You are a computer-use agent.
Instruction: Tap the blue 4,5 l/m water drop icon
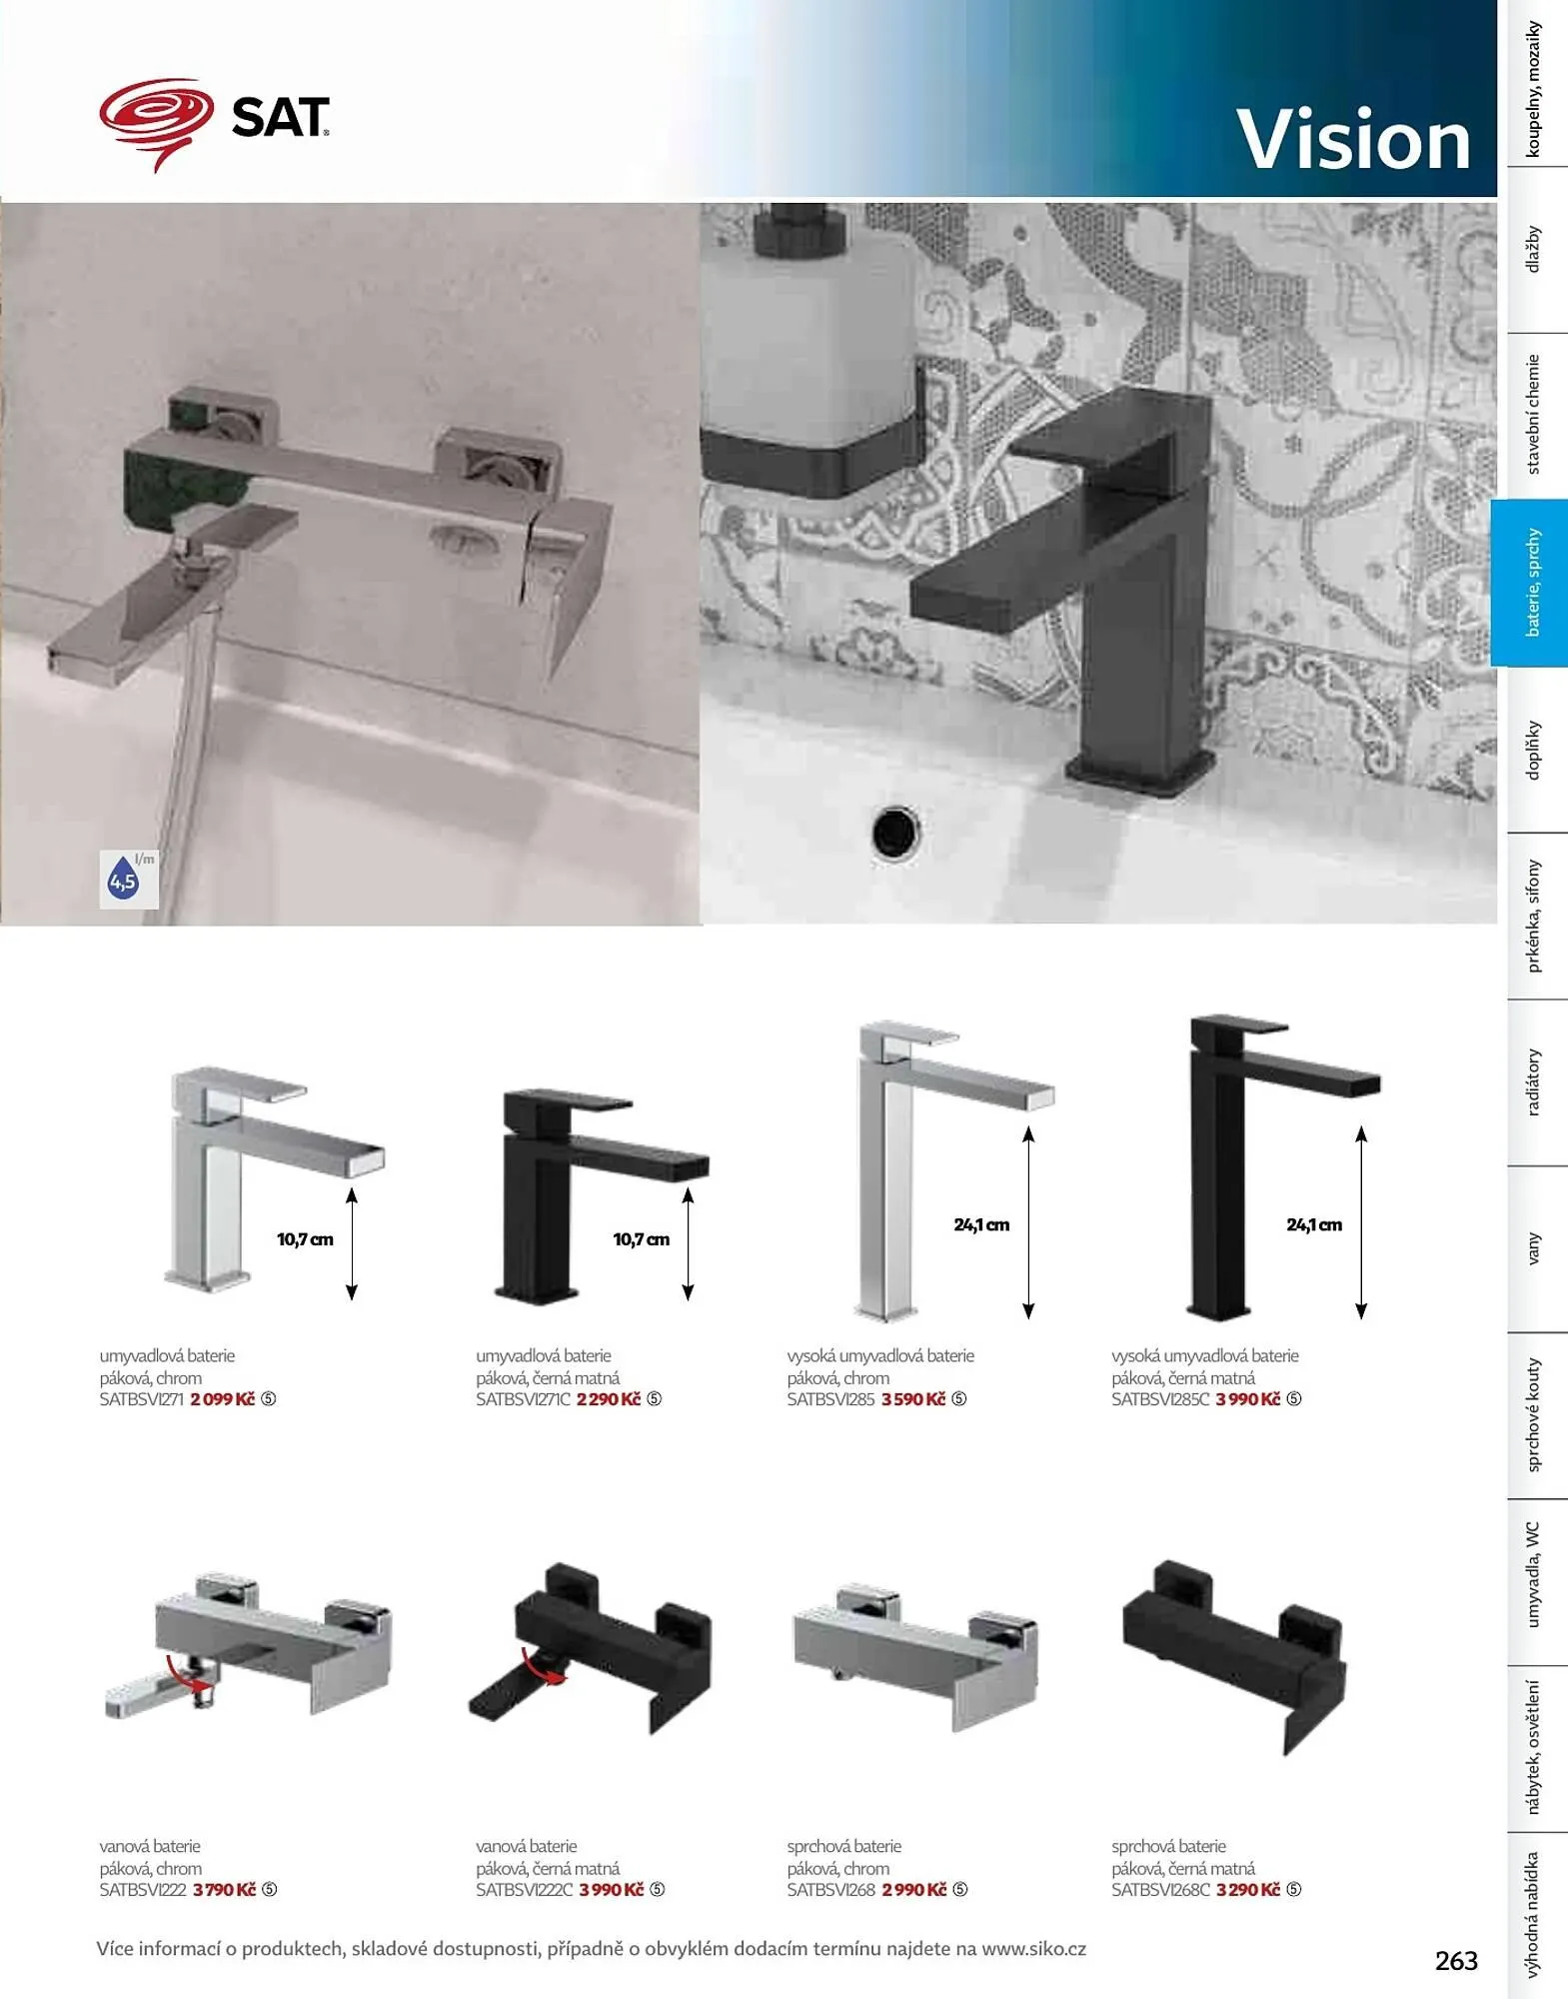tap(124, 879)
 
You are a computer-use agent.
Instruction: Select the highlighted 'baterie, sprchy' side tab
tap(1531, 583)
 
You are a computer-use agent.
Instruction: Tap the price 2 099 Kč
tap(223, 1399)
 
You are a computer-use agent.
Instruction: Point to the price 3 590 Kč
tap(913, 1399)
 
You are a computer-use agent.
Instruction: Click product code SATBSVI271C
tap(523, 1399)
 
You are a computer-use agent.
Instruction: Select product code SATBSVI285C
tap(1160, 1399)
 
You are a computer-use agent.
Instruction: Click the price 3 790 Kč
tap(225, 1890)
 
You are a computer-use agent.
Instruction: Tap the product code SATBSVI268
tap(831, 1890)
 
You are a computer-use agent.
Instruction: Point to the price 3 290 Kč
tap(1248, 1890)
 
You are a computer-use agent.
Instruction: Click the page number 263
tap(1456, 1961)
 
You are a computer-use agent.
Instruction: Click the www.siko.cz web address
tap(1033, 1949)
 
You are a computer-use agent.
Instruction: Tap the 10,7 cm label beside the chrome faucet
tap(305, 1239)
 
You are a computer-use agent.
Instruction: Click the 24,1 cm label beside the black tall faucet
tap(1314, 1224)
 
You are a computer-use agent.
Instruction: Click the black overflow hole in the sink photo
tap(895, 832)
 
